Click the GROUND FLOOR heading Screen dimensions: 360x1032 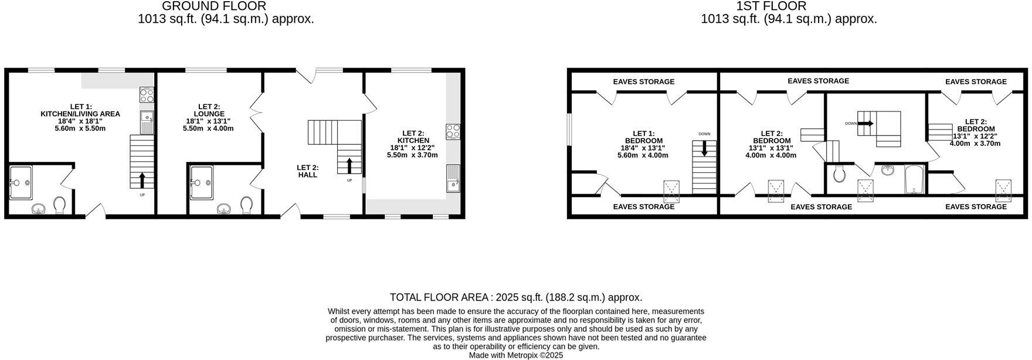213,6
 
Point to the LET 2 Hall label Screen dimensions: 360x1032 307,171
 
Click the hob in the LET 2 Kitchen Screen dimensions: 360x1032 452,131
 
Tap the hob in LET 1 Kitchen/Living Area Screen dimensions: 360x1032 147,95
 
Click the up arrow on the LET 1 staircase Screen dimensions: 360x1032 141,179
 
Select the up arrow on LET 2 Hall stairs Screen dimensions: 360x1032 349,165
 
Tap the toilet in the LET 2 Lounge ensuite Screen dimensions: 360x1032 246,205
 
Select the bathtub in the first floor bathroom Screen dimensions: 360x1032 914,179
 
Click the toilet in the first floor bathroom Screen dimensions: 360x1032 838,174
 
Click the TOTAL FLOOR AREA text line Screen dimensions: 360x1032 515,297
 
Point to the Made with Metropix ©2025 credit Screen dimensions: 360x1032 515,355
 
